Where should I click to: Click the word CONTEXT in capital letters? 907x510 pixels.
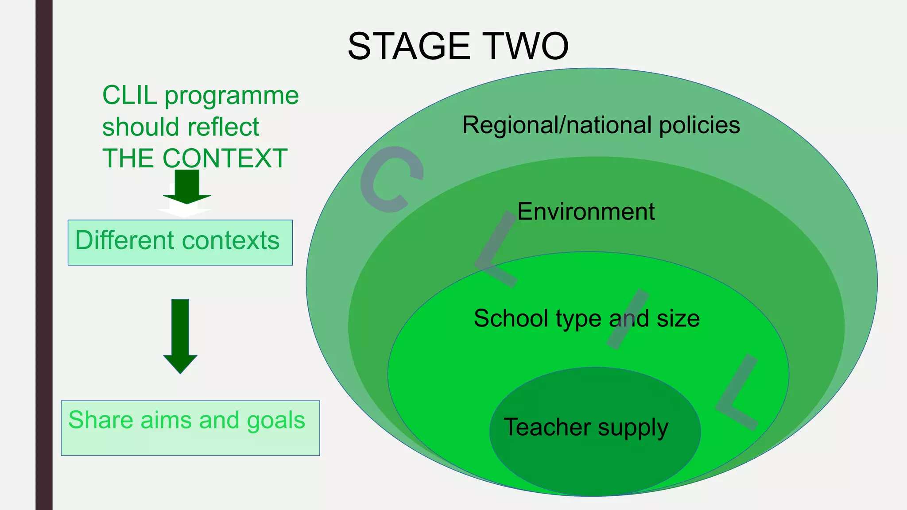point(225,158)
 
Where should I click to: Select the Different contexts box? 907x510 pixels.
point(180,242)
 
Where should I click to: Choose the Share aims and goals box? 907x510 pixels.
point(190,428)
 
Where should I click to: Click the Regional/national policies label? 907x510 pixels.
point(601,125)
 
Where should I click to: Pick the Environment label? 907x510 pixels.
point(585,212)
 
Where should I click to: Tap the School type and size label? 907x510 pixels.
point(586,318)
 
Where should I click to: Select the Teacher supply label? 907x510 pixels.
point(585,427)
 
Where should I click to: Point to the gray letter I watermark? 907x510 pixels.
point(628,319)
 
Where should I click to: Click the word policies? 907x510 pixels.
point(699,125)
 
